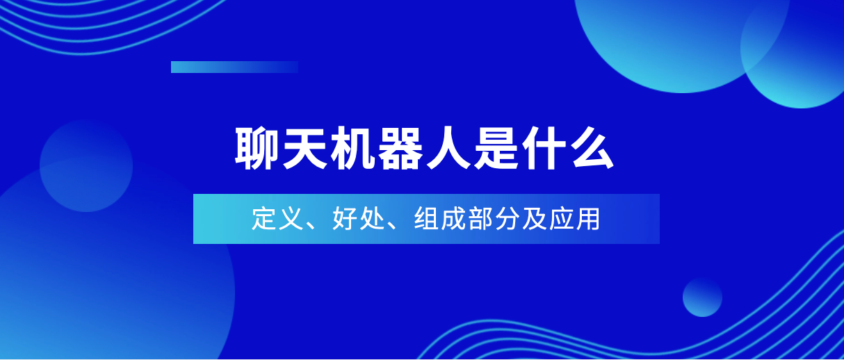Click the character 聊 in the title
[x=257, y=148]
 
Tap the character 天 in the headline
[x=305, y=148]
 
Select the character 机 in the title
[x=352, y=148]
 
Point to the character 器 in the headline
[x=400, y=148]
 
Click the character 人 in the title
[x=448, y=148]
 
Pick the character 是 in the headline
[x=496, y=148]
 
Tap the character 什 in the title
[x=544, y=148]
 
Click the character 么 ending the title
[x=592, y=148]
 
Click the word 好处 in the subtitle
[x=358, y=218]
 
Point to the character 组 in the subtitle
[x=426, y=218]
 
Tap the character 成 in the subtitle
[x=453, y=218]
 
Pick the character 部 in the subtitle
[x=480, y=218]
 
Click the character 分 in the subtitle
[x=508, y=218]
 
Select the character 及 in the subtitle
[x=535, y=218]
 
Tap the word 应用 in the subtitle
[x=574, y=218]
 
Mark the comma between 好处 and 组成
[x=392, y=226]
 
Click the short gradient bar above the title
[x=234, y=67]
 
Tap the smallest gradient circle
[x=702, y=297]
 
